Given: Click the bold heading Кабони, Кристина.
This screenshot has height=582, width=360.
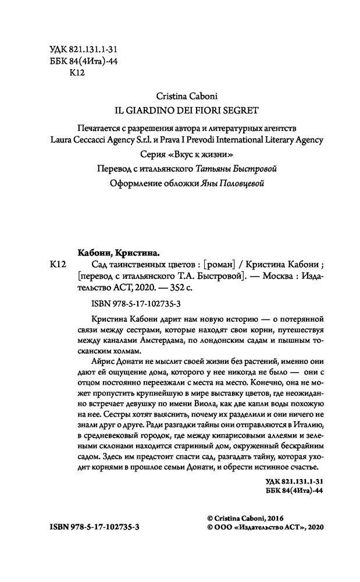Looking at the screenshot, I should click(119, 253).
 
